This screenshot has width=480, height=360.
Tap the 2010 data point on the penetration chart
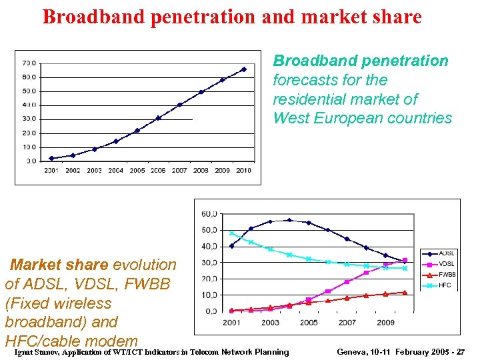(x=244, y=69)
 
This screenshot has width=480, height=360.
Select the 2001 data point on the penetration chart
(x=51, y=159)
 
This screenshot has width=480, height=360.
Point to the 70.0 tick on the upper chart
(x=29, y=63)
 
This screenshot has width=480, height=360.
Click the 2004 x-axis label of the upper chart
(x=116, y=171)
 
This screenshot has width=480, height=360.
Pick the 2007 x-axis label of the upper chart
(x=180, y=171)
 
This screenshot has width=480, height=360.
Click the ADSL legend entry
(x=447, y=253)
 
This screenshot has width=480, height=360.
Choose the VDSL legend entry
(x=447, y=264)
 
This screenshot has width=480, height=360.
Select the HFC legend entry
(x=445, y=285)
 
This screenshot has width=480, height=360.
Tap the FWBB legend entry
(x=447, y=275)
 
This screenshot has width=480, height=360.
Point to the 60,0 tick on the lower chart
(x=209, y=214)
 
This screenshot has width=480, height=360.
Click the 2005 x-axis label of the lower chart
(x=309, y=323)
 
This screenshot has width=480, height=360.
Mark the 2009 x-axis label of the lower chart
(x=386, y=323)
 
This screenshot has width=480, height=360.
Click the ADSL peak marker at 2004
(x=289, y=220)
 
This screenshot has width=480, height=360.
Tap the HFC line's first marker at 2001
(x=231, y=233)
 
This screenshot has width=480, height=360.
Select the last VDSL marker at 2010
(x=405, y=260)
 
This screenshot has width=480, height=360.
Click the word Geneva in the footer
(x=354, y=352)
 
